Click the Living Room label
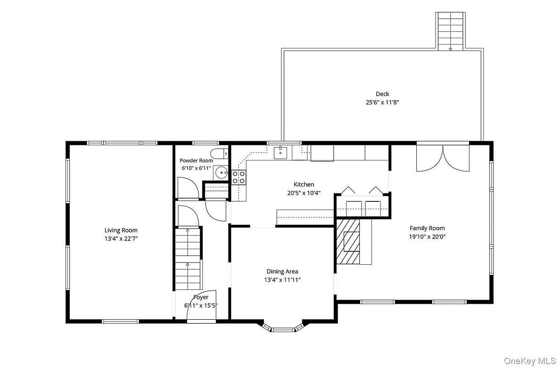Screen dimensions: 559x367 [121, 230]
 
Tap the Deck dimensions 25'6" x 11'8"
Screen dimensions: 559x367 [383, 102]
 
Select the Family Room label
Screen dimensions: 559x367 [427, 228]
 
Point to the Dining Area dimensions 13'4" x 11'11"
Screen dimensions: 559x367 [282, 280]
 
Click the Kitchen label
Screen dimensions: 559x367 [304, 184]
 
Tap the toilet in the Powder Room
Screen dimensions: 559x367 [219, 154]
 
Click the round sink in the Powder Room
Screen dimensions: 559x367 [221, 172]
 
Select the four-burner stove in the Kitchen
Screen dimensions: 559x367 [239, 178]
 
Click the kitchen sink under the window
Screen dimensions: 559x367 [280, 153]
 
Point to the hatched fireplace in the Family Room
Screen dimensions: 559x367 [348, 241]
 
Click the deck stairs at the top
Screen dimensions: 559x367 [450, 32]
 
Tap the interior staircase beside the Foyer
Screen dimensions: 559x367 [188, 259]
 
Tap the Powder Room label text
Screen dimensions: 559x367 [196, 161]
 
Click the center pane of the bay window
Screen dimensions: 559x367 [283, 330]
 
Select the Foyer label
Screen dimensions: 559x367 [201, 297]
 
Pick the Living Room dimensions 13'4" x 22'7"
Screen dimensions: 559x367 [121, 239]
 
